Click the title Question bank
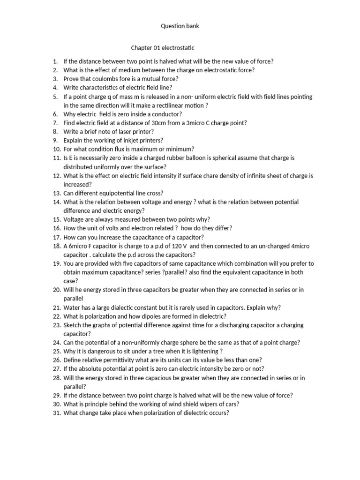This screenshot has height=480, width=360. (x=180, y=26)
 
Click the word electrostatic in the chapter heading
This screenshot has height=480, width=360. (x=178, y=48)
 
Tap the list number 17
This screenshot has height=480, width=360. (x=56, y=237)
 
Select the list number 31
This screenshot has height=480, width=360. (x=56, y=413)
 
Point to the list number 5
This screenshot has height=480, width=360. (x=55, y=97)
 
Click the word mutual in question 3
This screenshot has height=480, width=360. (x=143, y=79)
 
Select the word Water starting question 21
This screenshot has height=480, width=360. (x=72, y=307)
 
